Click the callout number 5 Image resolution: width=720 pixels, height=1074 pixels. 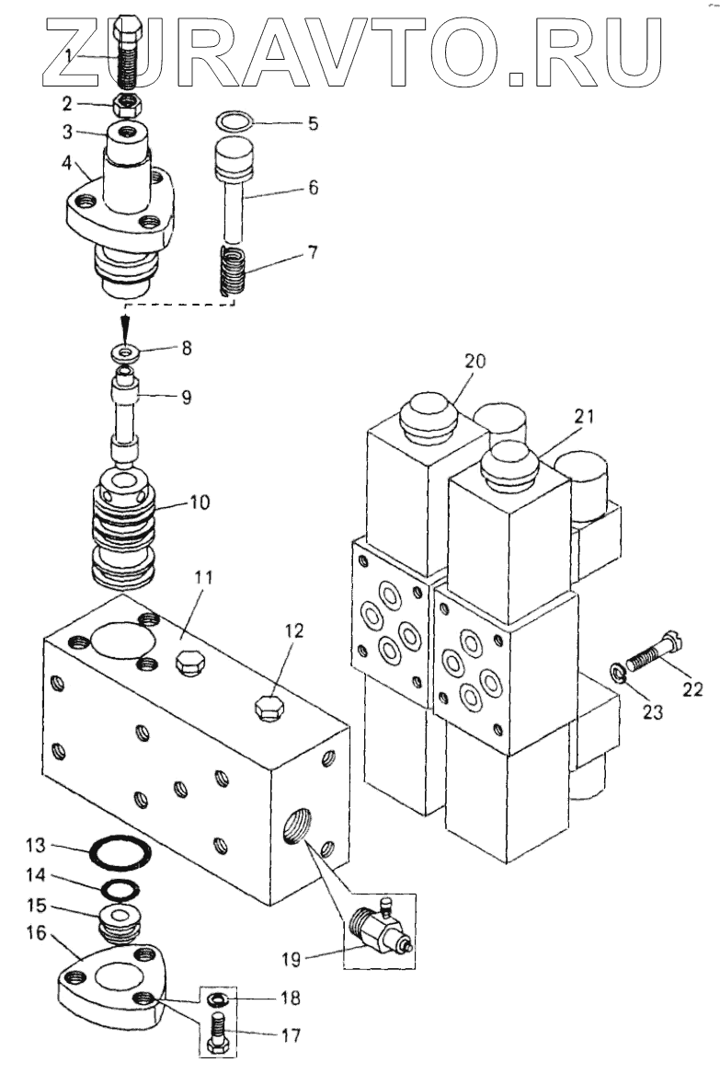313,124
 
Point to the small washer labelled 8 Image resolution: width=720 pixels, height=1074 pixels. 126,353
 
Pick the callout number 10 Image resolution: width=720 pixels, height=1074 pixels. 200,502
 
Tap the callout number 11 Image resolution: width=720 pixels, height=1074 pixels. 202,577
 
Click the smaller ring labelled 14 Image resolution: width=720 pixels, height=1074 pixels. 120,889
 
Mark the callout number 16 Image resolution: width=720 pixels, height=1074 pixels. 36,933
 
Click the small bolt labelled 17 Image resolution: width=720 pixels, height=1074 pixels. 219,1033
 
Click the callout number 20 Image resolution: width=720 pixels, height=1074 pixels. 475,360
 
